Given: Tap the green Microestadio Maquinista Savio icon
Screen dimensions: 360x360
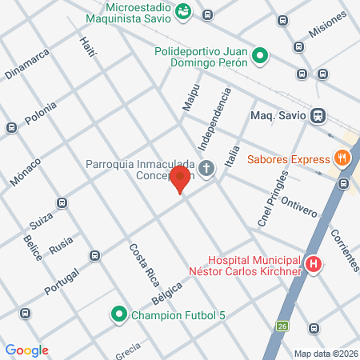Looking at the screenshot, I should coord(184,11).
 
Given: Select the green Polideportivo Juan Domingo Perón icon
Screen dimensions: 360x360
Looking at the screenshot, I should coord(259,56).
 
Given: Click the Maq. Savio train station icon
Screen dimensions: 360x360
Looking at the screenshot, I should coord(318,114).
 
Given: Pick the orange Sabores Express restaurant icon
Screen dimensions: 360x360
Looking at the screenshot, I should coord(342,158).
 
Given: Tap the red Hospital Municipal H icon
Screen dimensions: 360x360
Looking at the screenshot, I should coord(314,265).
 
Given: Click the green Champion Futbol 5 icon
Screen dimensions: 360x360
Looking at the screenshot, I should coord(119,314).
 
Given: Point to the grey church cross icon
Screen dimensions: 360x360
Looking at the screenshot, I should coord(206,169).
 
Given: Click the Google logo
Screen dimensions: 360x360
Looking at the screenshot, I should coord(27,350).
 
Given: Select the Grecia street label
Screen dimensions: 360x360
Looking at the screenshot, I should coord(126,348).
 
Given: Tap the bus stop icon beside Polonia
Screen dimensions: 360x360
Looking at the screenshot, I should coord(11,127).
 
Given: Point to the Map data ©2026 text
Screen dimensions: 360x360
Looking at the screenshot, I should coord(324,353).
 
